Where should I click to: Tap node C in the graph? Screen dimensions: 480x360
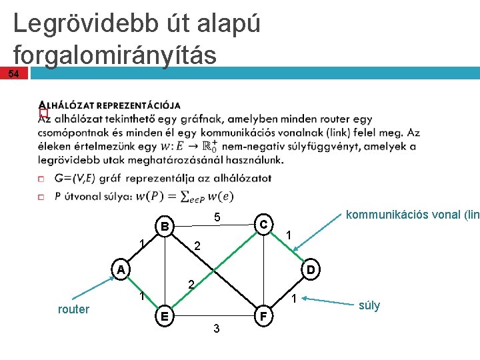[263, 224]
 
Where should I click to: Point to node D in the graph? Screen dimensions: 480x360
[311, 269]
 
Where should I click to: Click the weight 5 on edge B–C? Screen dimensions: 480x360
[217, 218]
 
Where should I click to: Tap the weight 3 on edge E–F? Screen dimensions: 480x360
[215, 328]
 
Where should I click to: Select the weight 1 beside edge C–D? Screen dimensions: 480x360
[288, 235]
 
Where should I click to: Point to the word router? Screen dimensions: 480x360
[73, 309]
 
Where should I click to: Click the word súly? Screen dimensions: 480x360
[369, 305]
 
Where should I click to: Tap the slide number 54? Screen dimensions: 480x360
[13, 73]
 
